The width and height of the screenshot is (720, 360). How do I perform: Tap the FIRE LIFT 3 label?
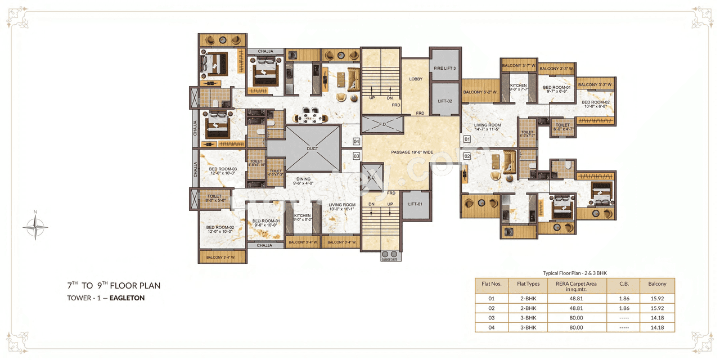[444, 68]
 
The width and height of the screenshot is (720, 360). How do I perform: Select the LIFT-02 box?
[445, 101]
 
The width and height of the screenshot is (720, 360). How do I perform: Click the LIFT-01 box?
[416, 204]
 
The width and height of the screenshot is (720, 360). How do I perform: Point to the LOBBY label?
[416, 79]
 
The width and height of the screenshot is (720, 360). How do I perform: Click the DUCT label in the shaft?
[313, 148]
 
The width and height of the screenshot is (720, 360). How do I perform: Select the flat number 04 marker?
[356, 141]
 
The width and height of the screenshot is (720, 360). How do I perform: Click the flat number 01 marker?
[467, 138]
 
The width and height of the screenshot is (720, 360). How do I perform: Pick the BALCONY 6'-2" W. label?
[480, 92]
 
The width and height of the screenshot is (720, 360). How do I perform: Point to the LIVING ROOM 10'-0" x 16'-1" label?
[342, 207]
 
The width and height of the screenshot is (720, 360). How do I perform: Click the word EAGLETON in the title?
[127, 298]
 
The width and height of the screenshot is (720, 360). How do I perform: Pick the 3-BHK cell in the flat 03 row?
[528, 318]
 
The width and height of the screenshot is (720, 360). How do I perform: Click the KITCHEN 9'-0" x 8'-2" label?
[302, 218]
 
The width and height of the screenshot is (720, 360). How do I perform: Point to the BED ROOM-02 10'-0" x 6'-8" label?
[596, 103]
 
